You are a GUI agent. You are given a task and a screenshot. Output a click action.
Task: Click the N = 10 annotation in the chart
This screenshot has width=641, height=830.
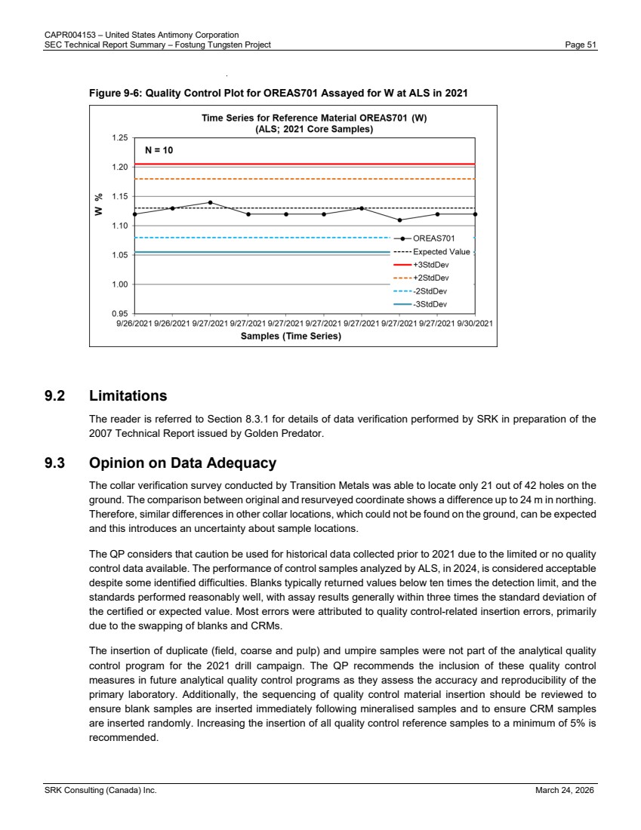click(159, 150)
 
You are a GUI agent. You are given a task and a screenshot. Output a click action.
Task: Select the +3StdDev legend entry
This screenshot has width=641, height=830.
click(430, 265)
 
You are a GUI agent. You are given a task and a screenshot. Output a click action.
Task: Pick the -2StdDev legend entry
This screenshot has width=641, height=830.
click(430, 290)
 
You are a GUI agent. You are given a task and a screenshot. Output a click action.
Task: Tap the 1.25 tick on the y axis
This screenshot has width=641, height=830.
click(120, 138)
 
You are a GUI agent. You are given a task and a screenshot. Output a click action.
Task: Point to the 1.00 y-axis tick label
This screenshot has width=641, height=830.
click(120, 284)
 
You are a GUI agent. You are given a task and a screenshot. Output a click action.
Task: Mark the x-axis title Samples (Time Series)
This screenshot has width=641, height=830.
click(291, 337)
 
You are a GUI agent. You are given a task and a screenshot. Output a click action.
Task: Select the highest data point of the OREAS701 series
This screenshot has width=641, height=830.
click(211, 202)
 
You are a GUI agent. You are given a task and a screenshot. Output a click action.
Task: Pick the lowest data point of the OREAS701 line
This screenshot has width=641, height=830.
click(400, 220)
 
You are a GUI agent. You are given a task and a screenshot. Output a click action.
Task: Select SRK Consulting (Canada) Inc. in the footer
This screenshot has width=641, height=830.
click(100, 790)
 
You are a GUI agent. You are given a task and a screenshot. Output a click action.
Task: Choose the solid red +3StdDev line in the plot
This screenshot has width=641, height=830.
click(302, 164)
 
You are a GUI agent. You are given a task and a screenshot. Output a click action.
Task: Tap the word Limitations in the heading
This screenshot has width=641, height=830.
click(128, 396)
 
